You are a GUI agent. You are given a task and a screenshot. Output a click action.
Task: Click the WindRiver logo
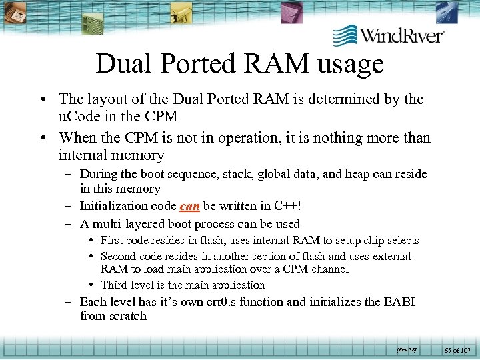(x=389, y=34)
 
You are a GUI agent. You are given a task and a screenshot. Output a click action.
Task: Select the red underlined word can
(x=189, y=206)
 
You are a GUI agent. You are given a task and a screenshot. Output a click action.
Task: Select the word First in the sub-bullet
(x=112, y=240)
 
